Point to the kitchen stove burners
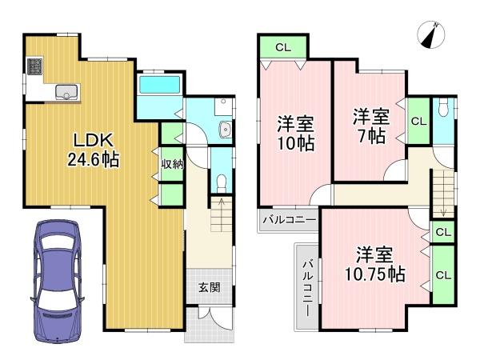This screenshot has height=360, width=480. [x=34, y=67]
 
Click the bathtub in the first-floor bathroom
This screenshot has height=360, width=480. [x=162, y=86]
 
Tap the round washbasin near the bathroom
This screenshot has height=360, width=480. [x=225, y=131]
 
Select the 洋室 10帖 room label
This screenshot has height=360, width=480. [x=294, y=134]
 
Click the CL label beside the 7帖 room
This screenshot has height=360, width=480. [x=418, y=121]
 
